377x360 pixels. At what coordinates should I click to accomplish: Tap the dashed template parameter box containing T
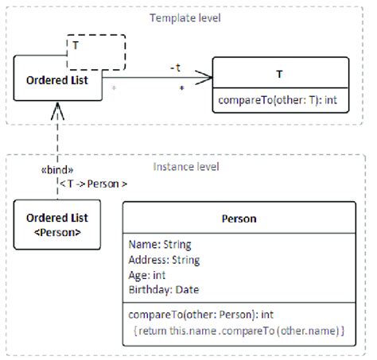click(95, 51)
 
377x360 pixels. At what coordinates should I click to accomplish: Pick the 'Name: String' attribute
click(160, 245)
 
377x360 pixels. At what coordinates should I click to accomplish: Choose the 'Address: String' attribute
click(165, 259)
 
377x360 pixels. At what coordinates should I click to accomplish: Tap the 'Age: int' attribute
click(149, 274)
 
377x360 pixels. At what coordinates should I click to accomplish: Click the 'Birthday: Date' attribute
click(164, 289)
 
